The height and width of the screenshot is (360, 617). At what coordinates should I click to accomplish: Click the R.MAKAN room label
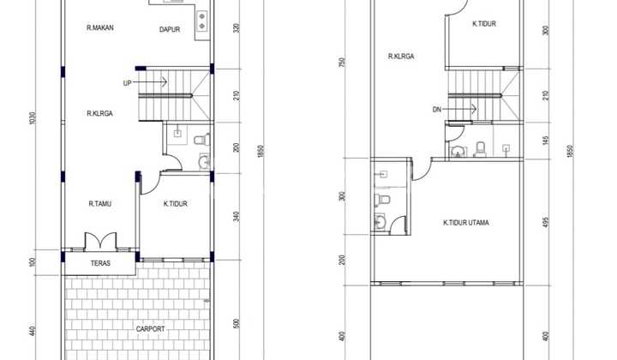100,28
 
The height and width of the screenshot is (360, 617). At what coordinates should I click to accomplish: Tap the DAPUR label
170,30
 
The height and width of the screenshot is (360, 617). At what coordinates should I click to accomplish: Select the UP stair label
127,83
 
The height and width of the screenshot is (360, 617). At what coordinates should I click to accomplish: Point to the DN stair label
437,109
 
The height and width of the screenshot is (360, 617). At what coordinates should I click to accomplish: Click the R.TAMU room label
99,204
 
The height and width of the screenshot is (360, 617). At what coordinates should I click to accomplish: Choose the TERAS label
100,263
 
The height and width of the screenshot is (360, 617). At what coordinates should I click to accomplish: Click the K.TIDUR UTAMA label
466,223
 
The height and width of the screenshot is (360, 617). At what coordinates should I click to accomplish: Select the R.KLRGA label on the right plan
401,57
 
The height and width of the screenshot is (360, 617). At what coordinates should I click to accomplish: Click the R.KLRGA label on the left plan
100,113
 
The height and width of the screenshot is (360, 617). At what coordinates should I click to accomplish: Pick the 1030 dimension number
33,117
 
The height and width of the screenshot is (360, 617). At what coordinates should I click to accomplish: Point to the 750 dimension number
342,63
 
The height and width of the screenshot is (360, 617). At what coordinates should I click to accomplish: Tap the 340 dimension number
236,216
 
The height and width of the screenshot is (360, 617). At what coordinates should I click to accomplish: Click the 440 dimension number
33,330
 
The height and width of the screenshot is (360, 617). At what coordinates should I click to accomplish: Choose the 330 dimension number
236,28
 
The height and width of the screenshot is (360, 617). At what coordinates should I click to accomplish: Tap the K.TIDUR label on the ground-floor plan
176,204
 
